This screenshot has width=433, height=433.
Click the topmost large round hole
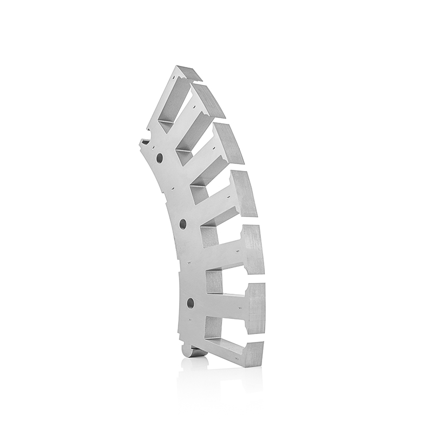pyautogui.click(x=159, y=158)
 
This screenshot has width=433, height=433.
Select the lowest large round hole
pyautogui.click(x=190, y=301)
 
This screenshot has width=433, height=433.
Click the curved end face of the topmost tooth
pyautogui.click(x=193, y=74)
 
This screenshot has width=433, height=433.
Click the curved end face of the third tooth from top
pyautogui.click(x=234, y=143)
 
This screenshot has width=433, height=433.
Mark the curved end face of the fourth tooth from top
pyautogui.click(x=247, y=193)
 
